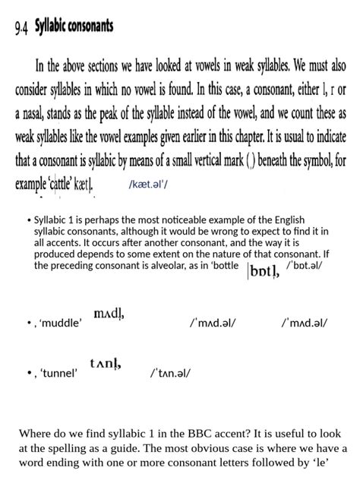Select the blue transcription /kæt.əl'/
(149, 185)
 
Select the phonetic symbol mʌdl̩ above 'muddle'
(109, 314)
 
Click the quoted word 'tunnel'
(58, 373)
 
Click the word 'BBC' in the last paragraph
(204, 434)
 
